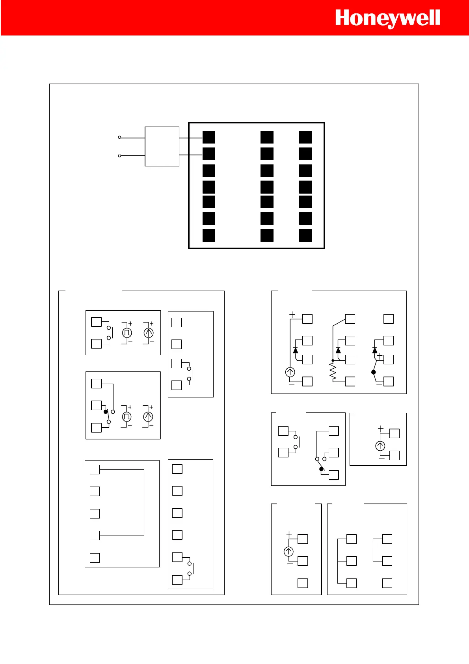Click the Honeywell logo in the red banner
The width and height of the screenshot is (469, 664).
387,19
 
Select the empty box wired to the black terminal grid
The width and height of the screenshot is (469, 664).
162,146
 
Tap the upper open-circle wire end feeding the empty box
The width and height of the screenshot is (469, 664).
119,138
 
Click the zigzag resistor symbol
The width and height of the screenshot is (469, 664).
333,372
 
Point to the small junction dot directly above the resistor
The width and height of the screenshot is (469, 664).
333,360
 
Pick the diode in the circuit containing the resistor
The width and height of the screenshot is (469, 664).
338,350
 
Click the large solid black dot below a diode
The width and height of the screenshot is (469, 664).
374,372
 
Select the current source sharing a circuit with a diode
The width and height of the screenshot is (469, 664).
290,372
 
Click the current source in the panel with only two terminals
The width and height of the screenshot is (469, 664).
380,446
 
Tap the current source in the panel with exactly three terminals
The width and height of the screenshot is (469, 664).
288,552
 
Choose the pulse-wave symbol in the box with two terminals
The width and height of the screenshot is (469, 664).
127,333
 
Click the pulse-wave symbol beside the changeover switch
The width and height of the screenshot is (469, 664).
127,416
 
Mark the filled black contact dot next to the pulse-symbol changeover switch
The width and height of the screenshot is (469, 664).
106,412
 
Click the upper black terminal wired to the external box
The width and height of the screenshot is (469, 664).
209,137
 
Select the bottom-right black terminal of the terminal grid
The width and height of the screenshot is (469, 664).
305,235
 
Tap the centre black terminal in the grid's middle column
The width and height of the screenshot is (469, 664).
267,187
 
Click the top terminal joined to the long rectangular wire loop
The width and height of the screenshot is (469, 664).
95,470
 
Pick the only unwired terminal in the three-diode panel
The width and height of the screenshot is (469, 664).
389,319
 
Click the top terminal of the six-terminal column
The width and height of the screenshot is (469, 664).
177,469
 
